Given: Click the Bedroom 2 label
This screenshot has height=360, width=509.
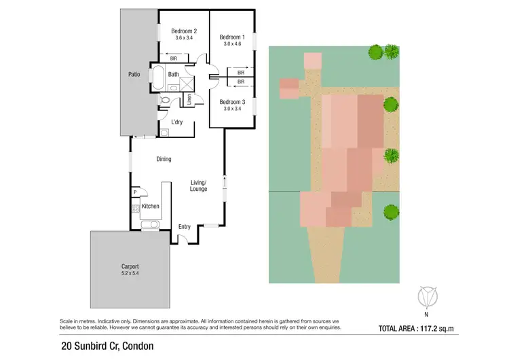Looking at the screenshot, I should (x=184, y=31).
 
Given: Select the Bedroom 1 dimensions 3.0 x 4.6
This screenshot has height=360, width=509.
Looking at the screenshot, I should (x=231, y=43).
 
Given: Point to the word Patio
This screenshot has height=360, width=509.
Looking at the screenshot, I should (x=134, y=74).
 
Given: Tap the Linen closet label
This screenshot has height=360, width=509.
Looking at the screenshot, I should (x=189, y=100).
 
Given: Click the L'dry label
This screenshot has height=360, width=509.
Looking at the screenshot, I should (x=177, y=122).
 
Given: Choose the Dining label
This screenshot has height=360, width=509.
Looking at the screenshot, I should (x=164, y=159).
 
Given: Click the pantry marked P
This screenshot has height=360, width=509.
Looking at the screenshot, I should (x=136, y=192).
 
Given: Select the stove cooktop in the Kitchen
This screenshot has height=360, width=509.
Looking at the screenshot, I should (x=136, y=207).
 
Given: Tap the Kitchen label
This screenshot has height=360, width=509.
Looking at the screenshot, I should (x=151, y=206).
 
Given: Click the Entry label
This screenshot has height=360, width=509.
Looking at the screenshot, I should (x=185, y=226).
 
